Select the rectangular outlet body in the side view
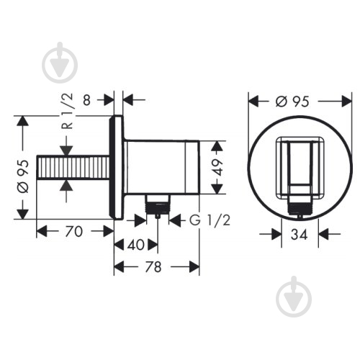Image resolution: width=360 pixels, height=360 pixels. pos(161,167)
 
